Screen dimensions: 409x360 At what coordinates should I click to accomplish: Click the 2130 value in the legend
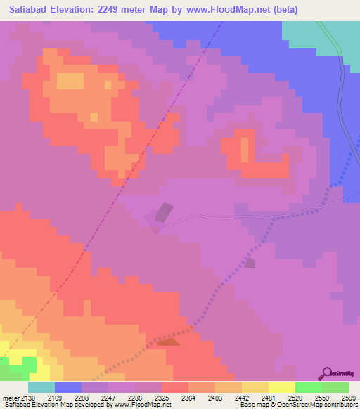pos(30,398)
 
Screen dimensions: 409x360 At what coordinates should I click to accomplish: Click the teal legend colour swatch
pos(41,387)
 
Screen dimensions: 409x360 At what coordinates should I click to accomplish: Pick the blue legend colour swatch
pos(68,387)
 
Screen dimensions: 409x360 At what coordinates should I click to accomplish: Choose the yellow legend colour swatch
pos(281,387)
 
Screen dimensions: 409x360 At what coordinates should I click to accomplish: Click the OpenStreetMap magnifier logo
pos(326,373)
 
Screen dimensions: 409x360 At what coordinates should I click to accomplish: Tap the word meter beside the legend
pos(11,398)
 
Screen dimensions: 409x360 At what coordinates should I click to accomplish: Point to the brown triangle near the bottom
pos(167,342)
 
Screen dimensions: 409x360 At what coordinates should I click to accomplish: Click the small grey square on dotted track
pos(250,263)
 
